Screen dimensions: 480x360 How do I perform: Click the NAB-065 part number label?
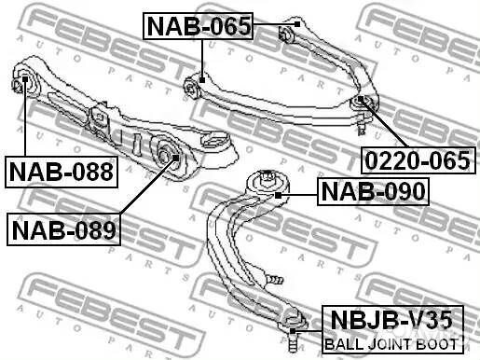198,26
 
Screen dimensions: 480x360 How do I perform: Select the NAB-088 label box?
62,172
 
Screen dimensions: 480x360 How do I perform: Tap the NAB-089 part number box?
63,229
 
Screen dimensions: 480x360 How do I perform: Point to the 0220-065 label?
418,160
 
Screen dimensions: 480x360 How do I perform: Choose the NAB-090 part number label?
373,191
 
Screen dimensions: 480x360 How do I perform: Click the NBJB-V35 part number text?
392,320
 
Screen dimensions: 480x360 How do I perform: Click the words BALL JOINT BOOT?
391,344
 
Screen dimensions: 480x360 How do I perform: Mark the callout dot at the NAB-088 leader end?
25,79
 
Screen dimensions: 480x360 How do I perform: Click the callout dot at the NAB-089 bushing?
175,158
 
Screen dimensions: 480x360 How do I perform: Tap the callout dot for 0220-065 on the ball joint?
361,99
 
